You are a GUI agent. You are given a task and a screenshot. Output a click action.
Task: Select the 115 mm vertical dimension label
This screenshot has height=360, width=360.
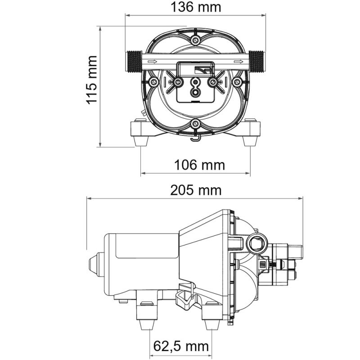pyautogui.click(x=92, y=80)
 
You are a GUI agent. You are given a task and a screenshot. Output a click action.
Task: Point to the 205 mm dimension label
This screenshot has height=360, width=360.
pyautogui.click(x=196, y=190)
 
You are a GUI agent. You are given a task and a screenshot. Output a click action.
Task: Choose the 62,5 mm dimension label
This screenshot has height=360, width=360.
pyautogui.click(x=181, y=346)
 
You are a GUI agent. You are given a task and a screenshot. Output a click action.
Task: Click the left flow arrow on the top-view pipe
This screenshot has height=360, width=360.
pyautogui.click(x=152, y=62)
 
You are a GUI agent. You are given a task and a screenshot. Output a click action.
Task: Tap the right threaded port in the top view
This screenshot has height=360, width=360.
pyautogui.click(x=257, y=61)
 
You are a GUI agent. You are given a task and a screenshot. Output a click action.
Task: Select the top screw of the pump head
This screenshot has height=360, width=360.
pyautogui.click(x=195, y=41)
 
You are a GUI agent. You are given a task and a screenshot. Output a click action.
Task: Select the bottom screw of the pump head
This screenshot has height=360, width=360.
pyautogui.click(x=195, y=123)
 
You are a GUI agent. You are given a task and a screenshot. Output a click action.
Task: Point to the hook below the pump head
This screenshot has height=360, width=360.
pyautogui.click(x=195, y=138)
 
